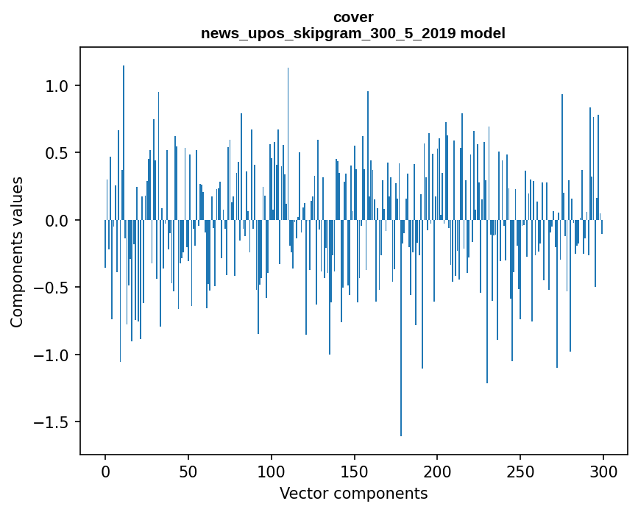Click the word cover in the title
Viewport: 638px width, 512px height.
353,17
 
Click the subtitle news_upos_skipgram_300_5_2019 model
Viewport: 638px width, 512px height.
353,34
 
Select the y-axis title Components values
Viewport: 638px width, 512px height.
17,252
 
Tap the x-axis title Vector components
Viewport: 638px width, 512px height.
353,494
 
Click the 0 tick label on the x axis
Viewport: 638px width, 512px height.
105,472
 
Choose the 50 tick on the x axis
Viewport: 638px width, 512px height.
188,472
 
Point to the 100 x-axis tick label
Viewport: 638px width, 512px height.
272,472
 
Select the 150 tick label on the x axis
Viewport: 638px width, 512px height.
355,472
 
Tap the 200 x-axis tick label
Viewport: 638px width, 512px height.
438,472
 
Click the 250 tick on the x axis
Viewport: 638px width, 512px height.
520,472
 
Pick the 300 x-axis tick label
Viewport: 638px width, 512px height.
603,472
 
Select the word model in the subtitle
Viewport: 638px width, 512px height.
483,34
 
